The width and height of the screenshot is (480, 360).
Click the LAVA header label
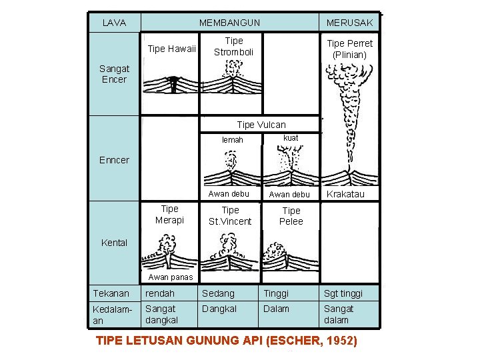[x=114, y=23]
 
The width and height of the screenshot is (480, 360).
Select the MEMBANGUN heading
[x=229, y=23]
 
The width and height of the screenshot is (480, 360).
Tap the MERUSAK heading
[x=349, y=23]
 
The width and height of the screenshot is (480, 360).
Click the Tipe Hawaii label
[x=171, y=49]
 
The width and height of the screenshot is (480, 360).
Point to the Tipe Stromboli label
[x=233, y=46]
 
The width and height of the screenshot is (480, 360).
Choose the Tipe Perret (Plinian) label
[x=349, y=49]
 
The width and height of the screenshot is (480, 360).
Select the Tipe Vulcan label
[x=261, y=125]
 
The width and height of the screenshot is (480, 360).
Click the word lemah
[x=232, y=140]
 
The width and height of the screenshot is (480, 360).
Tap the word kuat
[x=291, y=138]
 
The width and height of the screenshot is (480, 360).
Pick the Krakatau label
[x=345, y=194]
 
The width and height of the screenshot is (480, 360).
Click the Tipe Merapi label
[x=169, y=214]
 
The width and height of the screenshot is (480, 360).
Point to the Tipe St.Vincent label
[x=230, y=215]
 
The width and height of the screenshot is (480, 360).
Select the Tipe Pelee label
[x=291, y=215]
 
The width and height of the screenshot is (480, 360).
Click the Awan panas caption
[x=170, y=277]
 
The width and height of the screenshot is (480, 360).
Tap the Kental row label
[x=114, y=243]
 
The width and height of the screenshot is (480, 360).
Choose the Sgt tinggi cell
[x=343, y=293]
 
